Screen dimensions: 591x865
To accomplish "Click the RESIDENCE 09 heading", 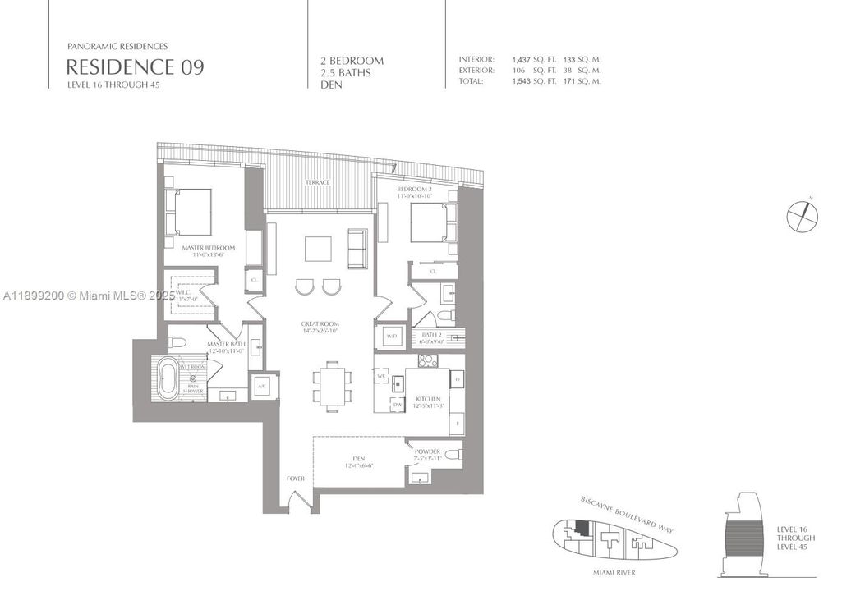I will (135, 67).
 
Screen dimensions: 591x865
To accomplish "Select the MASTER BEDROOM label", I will (209, 248).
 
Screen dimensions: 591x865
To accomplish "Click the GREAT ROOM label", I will (320, 324).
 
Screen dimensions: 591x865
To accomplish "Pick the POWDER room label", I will (427, 451).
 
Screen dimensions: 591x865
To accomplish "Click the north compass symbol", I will (802, 216).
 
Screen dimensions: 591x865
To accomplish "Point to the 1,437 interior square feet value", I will (521, 60).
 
